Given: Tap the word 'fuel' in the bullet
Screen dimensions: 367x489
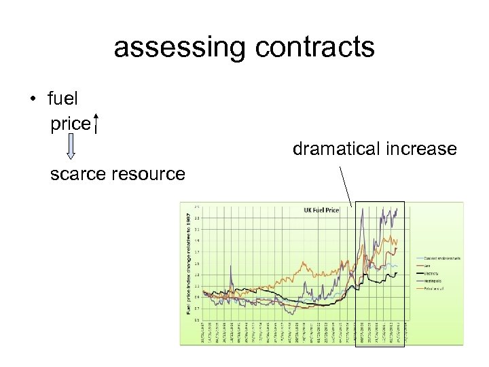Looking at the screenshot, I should [x=63, y=99].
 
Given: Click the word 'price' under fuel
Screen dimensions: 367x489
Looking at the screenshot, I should [x=70, y=124].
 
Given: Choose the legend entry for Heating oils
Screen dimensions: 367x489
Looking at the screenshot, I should [x=431, y=280].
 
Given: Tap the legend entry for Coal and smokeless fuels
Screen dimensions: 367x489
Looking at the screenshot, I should [x=438, y=258].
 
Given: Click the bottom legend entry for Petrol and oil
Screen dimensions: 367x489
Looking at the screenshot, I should [x=432, y=287].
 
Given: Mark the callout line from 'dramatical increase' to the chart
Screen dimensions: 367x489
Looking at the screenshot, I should [x=346, y=184].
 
